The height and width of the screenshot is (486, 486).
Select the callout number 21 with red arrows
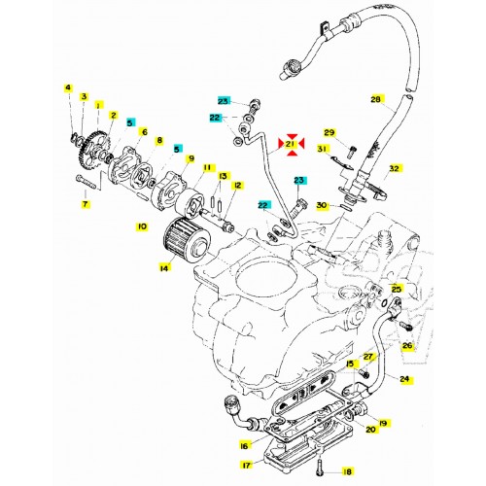tap(289, 146)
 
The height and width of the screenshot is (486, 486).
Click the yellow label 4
tap(68, 88)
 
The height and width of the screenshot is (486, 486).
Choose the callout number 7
tap(85, 205)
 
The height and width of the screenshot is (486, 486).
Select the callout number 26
tap(406, 343)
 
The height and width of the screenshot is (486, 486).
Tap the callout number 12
tap(237, 185)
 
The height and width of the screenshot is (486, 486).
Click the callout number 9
tap(191, 159)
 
